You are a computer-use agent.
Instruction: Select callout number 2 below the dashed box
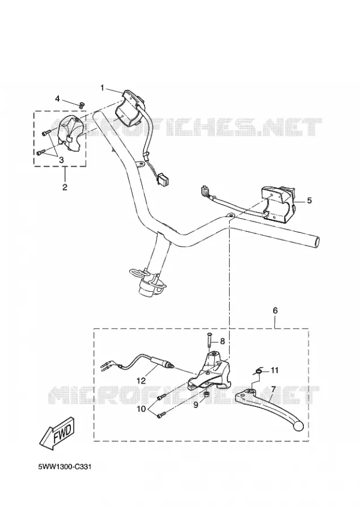point(65,187)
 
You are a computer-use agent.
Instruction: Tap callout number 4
point(57,98)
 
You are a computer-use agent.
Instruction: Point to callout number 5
point(309,201)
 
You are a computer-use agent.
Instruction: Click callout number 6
point(275,311)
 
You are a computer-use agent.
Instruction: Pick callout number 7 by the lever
point(273,389)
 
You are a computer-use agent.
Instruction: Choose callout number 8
point(222,341)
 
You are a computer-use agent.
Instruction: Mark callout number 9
point(196,405)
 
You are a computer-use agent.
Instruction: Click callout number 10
point(141,409)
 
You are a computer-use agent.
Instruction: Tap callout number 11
point(275,370)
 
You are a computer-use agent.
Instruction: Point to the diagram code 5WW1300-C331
point(65,467)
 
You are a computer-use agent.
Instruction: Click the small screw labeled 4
point(82,104)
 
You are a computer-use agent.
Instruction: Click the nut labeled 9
point(206,395)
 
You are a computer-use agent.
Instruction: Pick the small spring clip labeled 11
point(259,370)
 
